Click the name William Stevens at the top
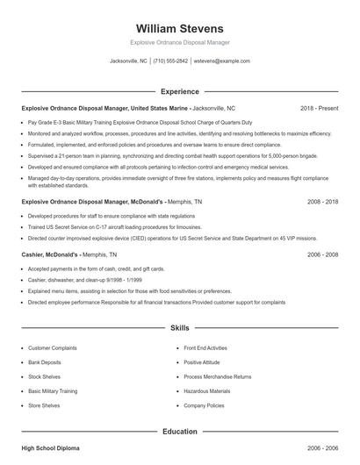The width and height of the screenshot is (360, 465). pyautogui.click(x=180, y=28)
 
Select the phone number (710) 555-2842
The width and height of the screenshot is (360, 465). pyautogui.click(x=170, y=61)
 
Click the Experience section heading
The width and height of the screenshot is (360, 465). pyautogui.click(x=179, y=91)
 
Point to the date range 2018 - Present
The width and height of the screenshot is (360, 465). pyautogui.click(x=319, y=108)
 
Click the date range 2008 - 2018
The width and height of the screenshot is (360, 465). pyautogui.click(x=322, y=201)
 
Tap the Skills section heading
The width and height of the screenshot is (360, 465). pyautogui.click(x=179, y=328)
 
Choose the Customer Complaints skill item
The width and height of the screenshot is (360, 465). pyautogui.click(x=52, y=347)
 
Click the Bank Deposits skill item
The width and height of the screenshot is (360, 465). pyautogui.click(x=46, y=361)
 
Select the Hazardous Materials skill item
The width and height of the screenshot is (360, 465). pyautogui.click(x=207, y=391)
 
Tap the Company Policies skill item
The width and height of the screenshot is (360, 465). pyautogui.click(x=204, y=405)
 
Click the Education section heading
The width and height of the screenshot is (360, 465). pyautogui.click(x=179, y=432)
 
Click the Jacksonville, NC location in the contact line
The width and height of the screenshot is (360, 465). pyautogui.click(x=128, y=61)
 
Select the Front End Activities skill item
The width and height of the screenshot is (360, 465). pyautogui.click(x=206, y=347)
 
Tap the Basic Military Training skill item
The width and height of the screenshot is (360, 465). pyautogui.click(x=53, y=391)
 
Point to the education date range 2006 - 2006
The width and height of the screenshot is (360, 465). pyautogui.click(x=322, y=448)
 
